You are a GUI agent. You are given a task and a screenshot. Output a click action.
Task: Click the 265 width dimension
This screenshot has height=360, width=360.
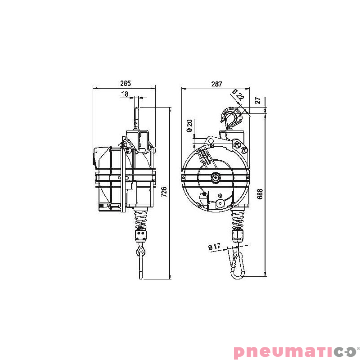pos(126,83)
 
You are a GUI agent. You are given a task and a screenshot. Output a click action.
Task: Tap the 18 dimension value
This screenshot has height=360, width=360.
pos(125,94)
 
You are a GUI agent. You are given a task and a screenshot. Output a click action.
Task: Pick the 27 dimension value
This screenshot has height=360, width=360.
pos(258,101)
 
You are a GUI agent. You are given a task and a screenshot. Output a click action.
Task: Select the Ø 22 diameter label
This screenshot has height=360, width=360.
pos(238,95)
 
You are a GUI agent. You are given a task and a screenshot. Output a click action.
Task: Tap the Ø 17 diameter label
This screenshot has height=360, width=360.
pos(214,247)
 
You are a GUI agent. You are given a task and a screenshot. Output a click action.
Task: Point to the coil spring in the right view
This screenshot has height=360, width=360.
pos(237,219)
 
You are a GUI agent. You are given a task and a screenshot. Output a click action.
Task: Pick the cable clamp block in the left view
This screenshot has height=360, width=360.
pos(141,235)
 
